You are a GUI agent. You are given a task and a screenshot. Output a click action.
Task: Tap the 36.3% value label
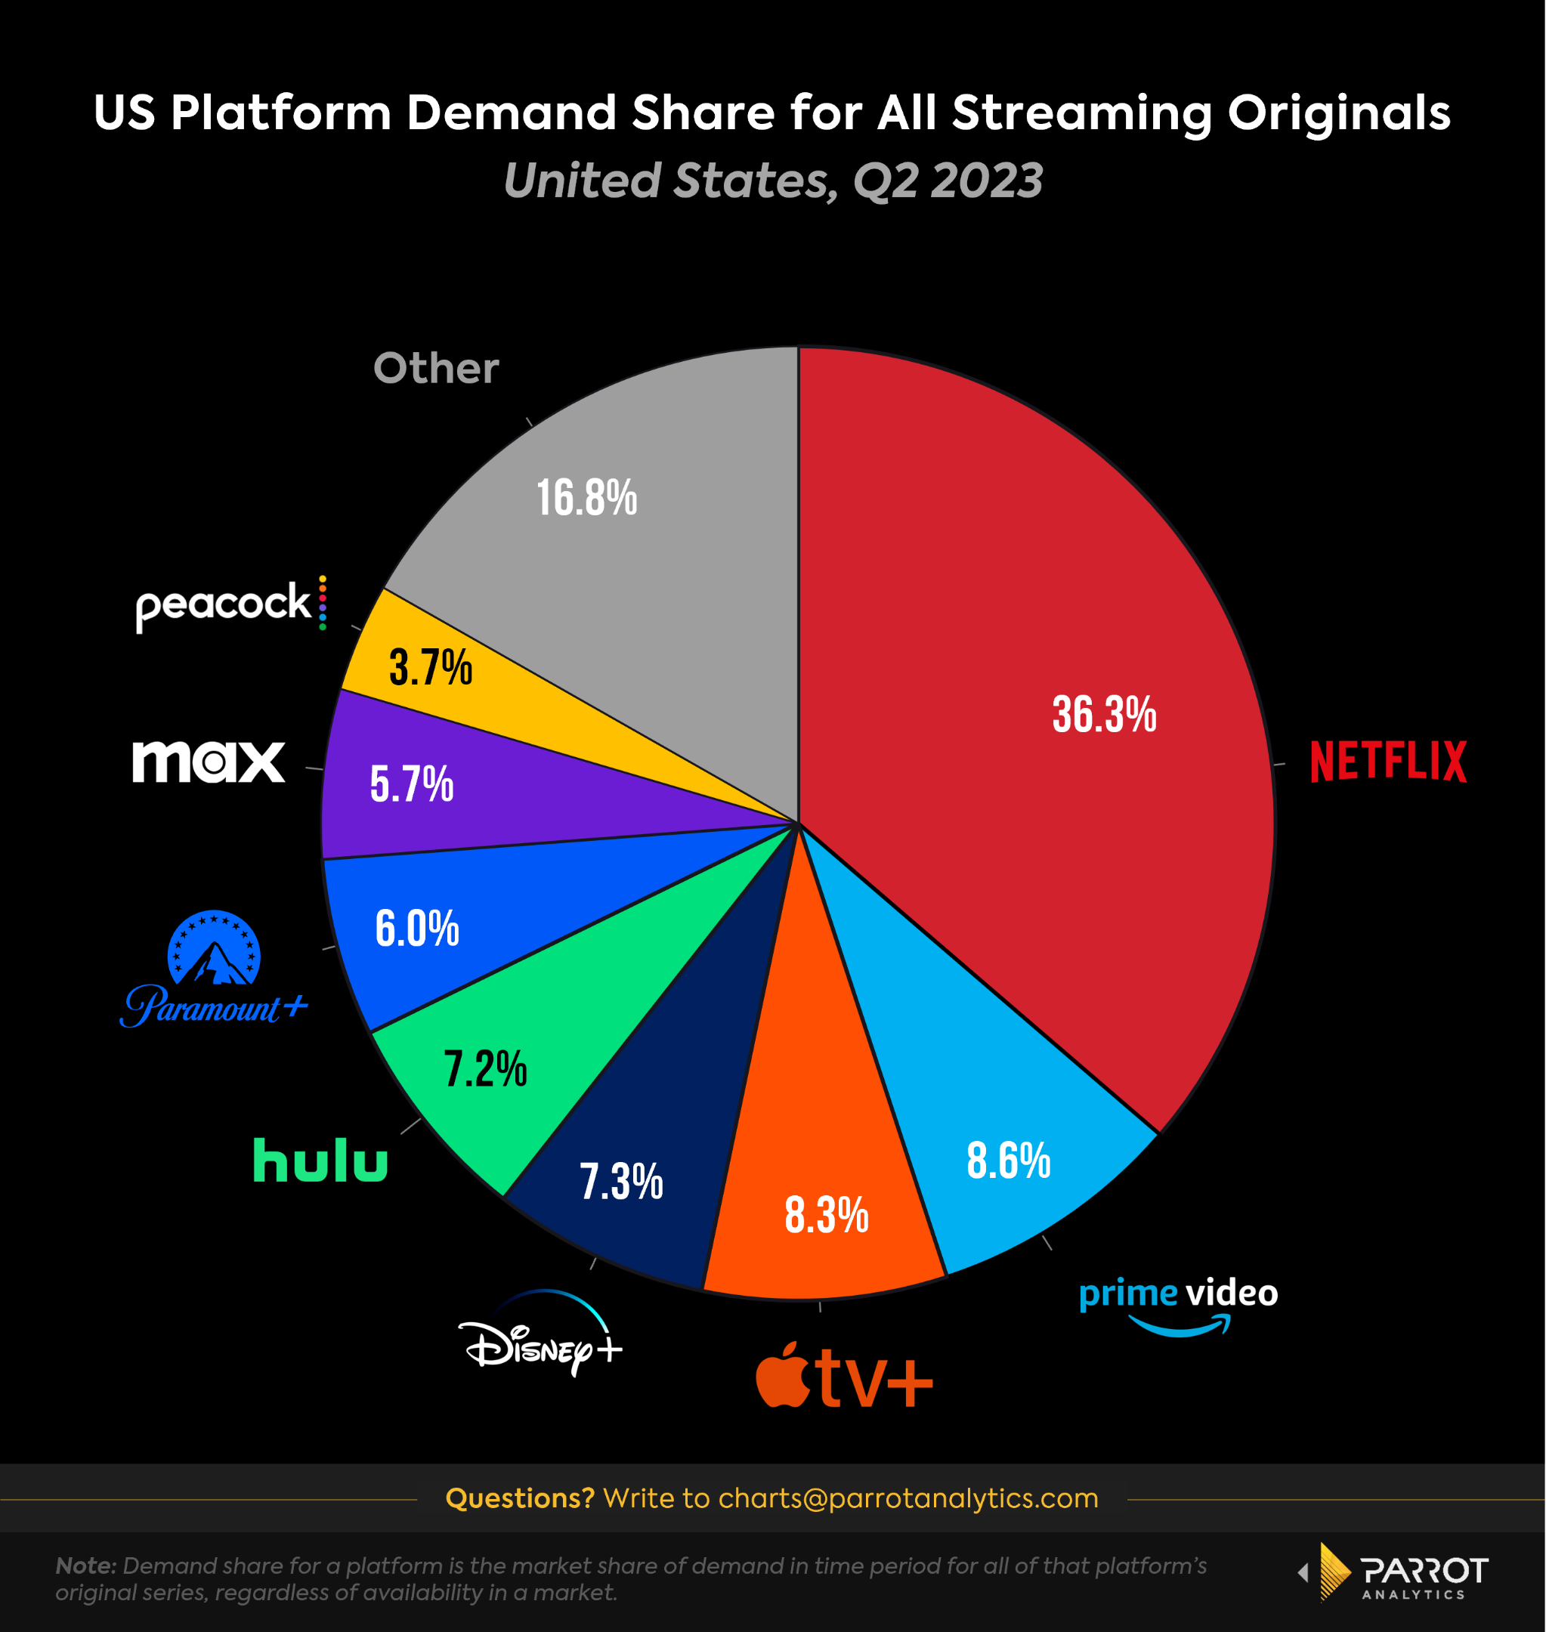coord(1104,714)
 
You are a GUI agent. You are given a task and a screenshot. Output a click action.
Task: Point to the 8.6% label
coord(1008,1161)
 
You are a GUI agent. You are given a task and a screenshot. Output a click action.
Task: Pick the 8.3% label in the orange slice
coord(826,1215)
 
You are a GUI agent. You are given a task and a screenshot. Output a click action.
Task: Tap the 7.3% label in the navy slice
coord(620,1182)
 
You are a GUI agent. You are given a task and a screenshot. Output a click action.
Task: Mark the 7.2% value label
coord(484,1068)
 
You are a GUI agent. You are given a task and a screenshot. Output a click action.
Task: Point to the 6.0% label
coord(416,929)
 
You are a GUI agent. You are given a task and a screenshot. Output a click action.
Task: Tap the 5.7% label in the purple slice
coord(411,784)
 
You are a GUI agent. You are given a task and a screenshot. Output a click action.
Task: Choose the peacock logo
coord(230,604)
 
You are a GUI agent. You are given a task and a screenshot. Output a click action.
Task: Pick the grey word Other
coord(436,367)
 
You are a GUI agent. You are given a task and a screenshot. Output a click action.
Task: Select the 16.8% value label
coord(587,498)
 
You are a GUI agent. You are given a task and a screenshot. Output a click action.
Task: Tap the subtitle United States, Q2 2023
coord(773,181)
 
